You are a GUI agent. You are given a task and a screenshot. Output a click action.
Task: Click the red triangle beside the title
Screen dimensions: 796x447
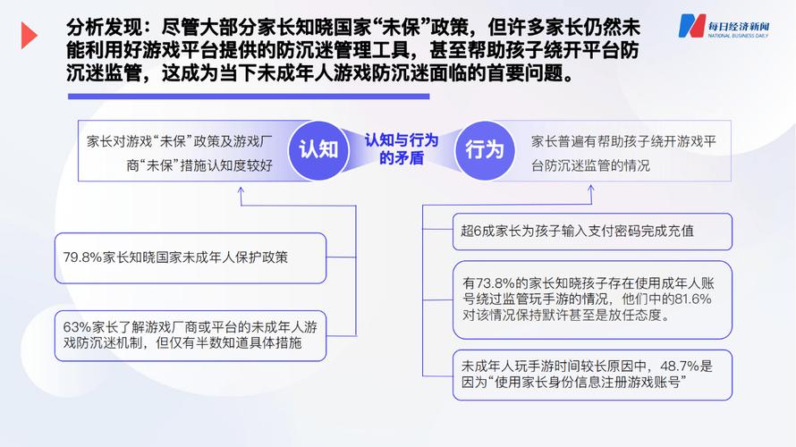pyautogui.click(x=29, y=36)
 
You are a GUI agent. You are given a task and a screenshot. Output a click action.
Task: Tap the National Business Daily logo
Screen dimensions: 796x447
pyautogui.click(x=724, y=27)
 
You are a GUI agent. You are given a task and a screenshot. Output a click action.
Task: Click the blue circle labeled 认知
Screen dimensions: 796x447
pyautogui.click(x=318, y=150)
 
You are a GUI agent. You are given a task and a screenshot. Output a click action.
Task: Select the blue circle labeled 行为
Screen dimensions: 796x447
pyautogui.click(x=484, y=150)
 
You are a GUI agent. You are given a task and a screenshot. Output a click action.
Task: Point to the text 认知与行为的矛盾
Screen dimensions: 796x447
pyautogui.click(x=401, y=149)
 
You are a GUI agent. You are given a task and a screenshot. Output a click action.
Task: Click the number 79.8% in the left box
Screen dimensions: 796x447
pyautogui.click(x=82, y=257)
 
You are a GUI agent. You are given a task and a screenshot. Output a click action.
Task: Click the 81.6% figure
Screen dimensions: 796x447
pyautogui.click(x=693, y=299)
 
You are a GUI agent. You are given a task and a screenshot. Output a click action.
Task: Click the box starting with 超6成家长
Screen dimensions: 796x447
pyautogui.click(x=592, y=232)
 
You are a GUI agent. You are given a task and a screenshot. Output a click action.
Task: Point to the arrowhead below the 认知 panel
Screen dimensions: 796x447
pyautogui.click(x=241, y=190)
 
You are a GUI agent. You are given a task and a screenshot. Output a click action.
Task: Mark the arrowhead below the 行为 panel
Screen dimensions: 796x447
pyautogui.click(x=591, y=189)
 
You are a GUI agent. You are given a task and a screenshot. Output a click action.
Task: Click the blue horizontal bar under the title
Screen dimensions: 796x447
pyautogui.click(x=249, y=97)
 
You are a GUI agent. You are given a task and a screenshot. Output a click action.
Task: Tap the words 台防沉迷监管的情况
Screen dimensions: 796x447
pyautogui.click(x=590, y=165)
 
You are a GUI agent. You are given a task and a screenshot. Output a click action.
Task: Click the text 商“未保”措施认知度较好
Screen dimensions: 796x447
pyautogui.click(x=199, y=165)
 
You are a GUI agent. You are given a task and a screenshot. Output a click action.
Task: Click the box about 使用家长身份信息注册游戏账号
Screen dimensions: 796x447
pyautogui.click(x=592, y=375)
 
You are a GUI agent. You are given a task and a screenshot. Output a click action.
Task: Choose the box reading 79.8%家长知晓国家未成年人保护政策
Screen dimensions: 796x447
pyautogui.click(x=191, y=258)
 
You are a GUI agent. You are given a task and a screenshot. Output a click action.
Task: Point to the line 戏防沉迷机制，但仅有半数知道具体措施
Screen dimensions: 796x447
pyautogui.click(x=182, y=343)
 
